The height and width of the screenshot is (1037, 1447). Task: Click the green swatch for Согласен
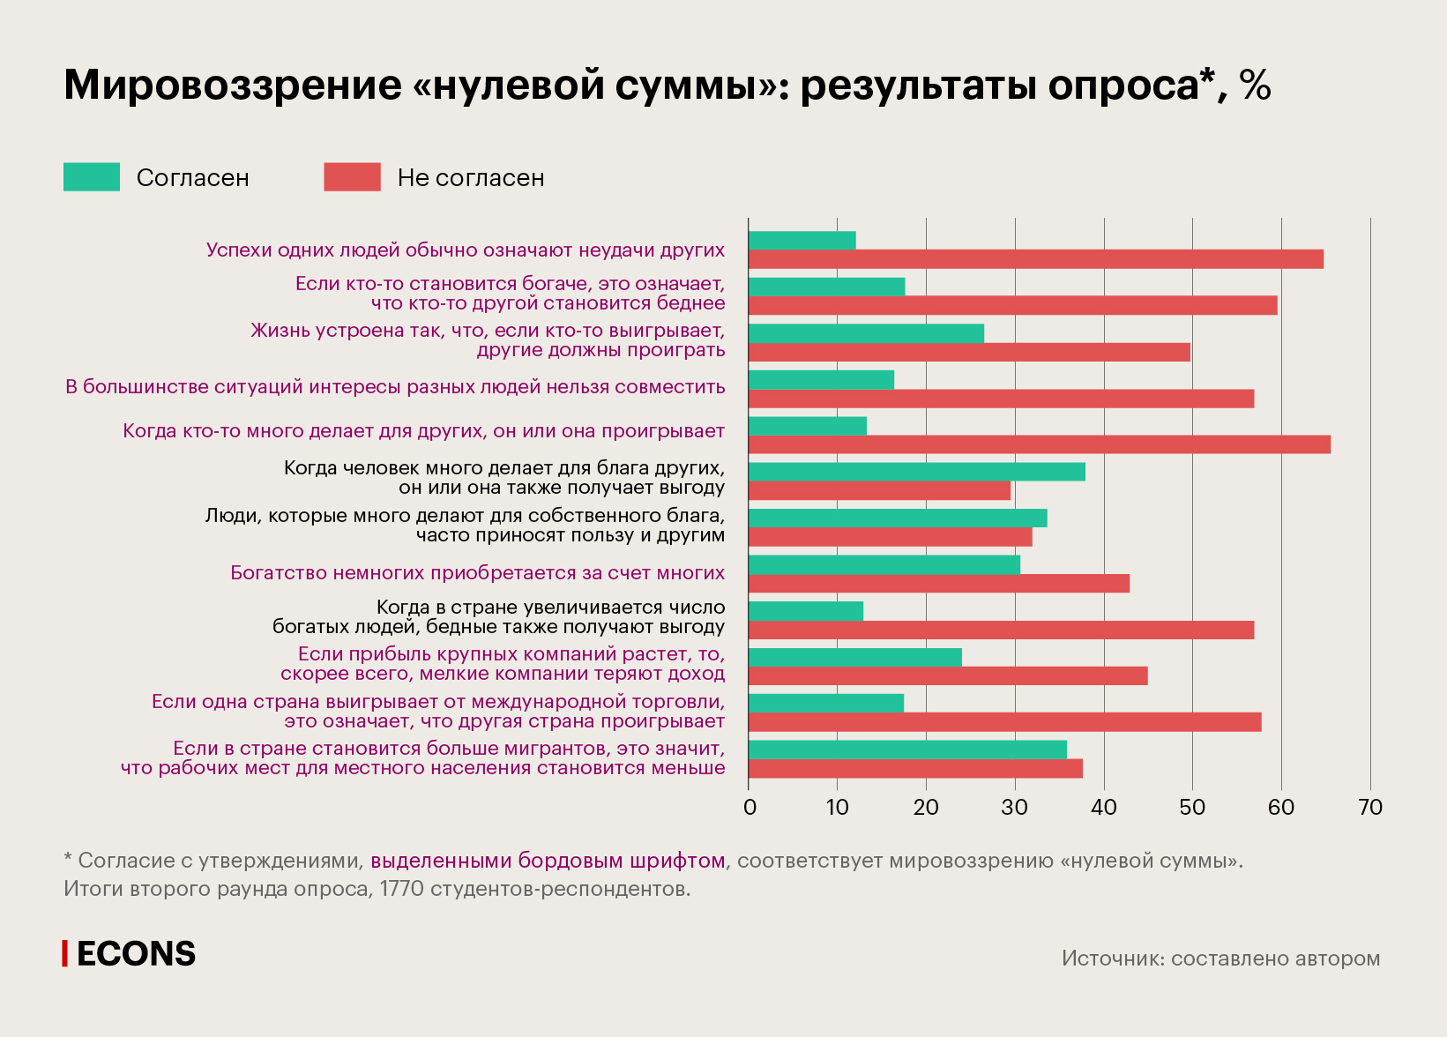pyautogui.click(x=92, y=177)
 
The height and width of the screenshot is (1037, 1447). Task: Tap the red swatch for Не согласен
pyautogui.click(x=352, y=177)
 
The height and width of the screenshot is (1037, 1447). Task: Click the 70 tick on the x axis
pyautogui.click(x=1370, y=808)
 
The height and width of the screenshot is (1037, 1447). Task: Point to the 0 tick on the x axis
pyautogui.click(x=750, y=808)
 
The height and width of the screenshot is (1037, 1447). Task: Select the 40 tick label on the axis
pyautogui.click(x=1104, y=808)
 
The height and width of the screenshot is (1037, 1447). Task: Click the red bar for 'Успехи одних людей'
pyautogui.click(x=1035, y=259)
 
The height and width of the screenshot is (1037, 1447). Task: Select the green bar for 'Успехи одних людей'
pyautogui.click(x=802, y=241)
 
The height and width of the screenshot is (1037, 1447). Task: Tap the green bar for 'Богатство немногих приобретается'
pyautogui.click(x=884, y=564)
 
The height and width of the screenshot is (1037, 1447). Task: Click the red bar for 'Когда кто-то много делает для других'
pyautogui.click(x=1039, y=444)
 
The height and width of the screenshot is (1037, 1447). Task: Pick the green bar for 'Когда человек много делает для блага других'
pyautogui.click(x=916, y=472)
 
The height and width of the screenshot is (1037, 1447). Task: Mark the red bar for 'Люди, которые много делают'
pyautogui.click(x=890, y=537)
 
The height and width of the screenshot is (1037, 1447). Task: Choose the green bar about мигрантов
pyautogui.click(x=907, y=750)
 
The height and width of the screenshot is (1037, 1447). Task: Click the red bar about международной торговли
pyautogui.click(x=1004, y=722)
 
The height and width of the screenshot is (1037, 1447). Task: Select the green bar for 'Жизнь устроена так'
pyautogui.click(x=866, y=333)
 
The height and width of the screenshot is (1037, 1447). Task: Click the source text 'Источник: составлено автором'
pyautogui.click(x=1220, y=959)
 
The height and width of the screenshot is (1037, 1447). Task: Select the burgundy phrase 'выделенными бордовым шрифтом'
pyautogui.click(x=548, y=861)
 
